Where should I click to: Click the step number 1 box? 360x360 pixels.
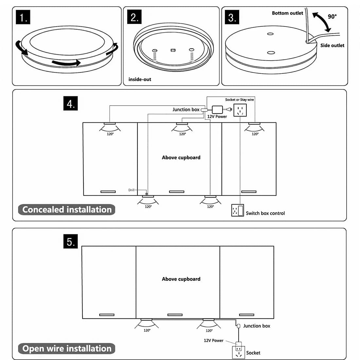click(23, 17)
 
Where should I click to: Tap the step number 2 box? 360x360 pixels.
click(134, 17)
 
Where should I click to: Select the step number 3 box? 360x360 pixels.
click(232, 17)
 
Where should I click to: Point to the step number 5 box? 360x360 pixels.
click(70, 242)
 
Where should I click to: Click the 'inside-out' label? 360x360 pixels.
click(140, 79)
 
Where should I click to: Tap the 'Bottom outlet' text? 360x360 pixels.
click(287, 13)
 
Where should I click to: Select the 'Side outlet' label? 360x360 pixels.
click(332, 45)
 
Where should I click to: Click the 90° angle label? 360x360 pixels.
click(332, 16)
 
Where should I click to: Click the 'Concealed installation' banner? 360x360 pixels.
click(67, 209)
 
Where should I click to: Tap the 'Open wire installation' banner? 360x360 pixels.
click(67, 349)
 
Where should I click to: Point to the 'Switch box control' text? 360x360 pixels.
click(265, 213)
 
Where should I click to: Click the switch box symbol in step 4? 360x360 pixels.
click(237, 210)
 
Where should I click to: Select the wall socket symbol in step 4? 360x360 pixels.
click(240, 110)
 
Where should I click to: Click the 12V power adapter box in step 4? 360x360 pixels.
click(217, 109)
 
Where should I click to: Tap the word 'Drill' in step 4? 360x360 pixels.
click(131, 190)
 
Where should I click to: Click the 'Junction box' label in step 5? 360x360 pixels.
click(257, 326)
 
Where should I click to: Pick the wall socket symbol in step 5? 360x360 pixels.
click(238, 353)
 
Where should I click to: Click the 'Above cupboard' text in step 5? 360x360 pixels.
click(181, 279)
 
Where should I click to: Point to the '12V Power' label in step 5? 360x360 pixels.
click(213, 340)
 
